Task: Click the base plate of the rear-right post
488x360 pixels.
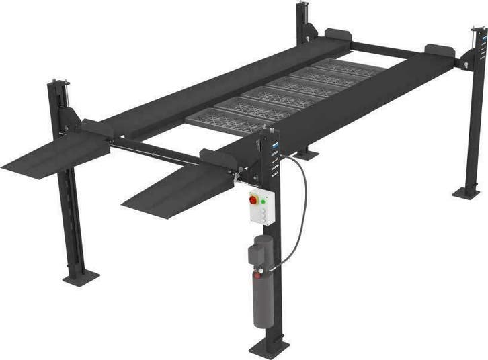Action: click(466, 193)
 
